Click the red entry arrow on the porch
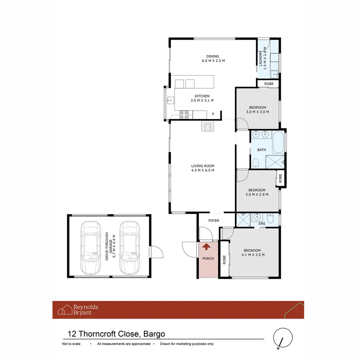207,247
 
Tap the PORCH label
208,259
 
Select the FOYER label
214,221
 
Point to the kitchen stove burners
184,115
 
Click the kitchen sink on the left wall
170,100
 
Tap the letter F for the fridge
213,115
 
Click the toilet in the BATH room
256,163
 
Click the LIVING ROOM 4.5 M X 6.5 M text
202,168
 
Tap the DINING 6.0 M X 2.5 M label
213,58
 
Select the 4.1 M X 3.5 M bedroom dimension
252,255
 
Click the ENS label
262,224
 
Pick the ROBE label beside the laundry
269,84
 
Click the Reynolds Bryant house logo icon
65,310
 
